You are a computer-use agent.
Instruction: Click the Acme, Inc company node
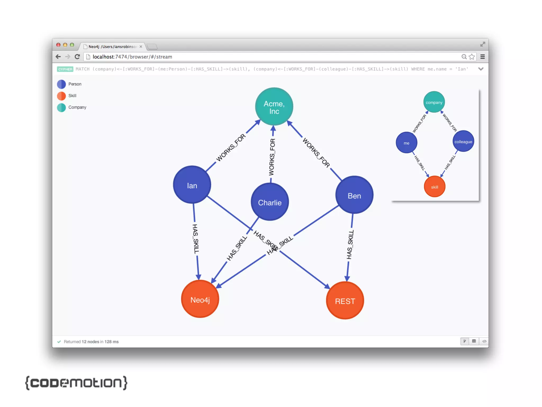(274, 107)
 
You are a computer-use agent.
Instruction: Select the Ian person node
(192, 185)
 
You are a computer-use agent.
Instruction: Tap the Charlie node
(270, 202)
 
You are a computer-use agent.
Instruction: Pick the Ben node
(354, 195)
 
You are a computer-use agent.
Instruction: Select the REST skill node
(345, 300)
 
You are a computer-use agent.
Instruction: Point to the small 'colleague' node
(463, 141)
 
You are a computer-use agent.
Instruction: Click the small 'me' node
(406, 143)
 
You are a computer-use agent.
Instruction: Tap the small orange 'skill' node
(435, 187)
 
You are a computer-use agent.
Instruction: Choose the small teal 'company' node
(434, 102)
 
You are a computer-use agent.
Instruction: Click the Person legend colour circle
(61, 84)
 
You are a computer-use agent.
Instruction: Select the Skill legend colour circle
(61, 96)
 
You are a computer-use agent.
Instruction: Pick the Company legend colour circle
(61, 108)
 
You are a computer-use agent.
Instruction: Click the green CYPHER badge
(65, 69)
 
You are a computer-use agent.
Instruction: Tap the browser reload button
(77, 57)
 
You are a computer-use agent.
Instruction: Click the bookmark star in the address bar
(472, 57)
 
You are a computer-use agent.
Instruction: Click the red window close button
(58, 45)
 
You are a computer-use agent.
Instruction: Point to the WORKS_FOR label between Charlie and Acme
(272, 157)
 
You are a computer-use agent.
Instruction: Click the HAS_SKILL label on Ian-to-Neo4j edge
(196, 239)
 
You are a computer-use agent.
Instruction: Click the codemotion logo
(76, 383)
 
